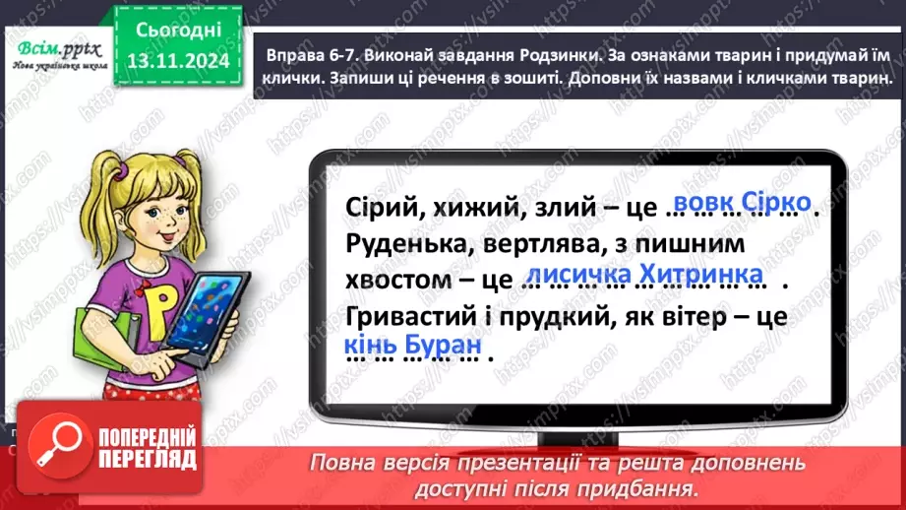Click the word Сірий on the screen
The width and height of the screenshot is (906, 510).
pyautogui.click(x=381, y=208)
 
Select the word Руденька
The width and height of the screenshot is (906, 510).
pyautogui.click(x=403, y=243)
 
